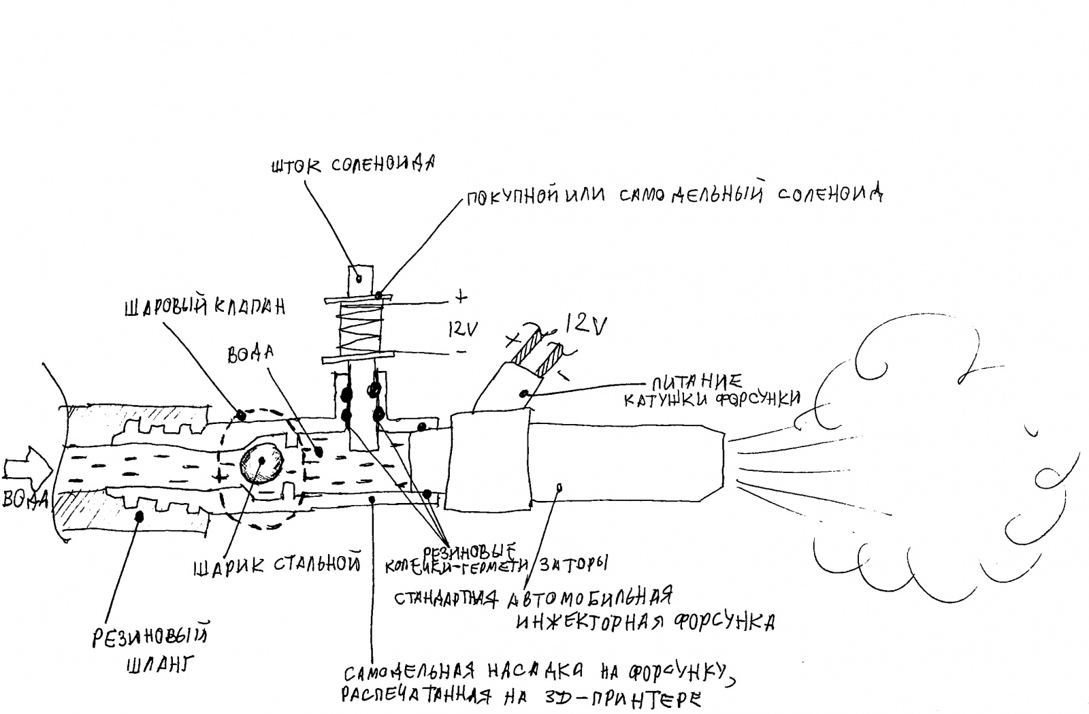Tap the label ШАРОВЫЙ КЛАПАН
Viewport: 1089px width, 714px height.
[204, 307]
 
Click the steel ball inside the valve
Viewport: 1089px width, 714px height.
[262, 462]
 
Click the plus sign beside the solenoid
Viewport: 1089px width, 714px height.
[462, 297]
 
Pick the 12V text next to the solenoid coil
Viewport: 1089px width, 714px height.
[463, 329]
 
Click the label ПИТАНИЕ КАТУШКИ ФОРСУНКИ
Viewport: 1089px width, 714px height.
[711, 391]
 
